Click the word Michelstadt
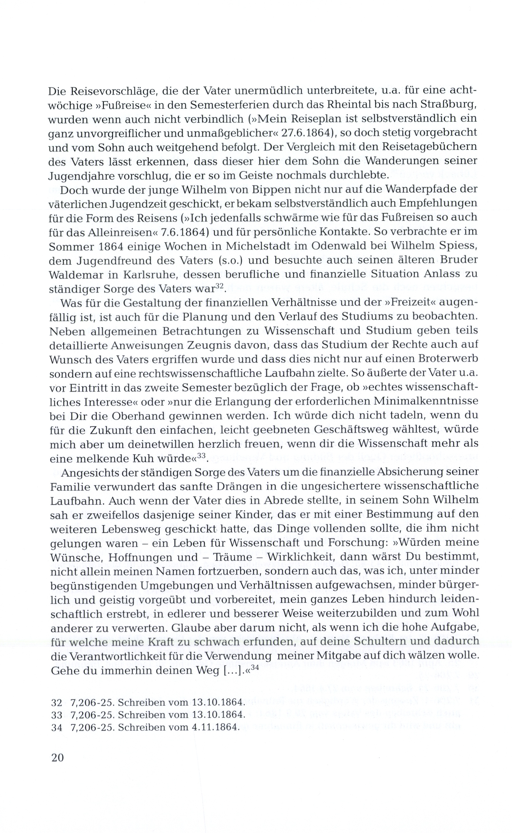(244, 246)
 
